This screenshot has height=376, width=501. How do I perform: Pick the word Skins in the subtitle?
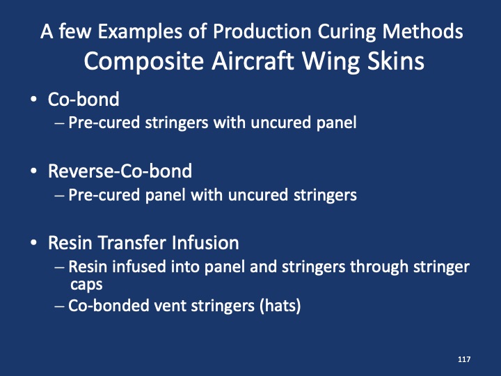click(x=393, y=61)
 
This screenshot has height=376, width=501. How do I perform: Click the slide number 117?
click(x=464, y=359)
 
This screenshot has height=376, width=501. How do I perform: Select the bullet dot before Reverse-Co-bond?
click(x=34, y=171)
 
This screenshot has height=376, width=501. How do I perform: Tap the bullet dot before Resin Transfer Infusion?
click(x=34, y=244)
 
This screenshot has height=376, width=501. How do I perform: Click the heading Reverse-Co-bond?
click(x=120, y=171)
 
